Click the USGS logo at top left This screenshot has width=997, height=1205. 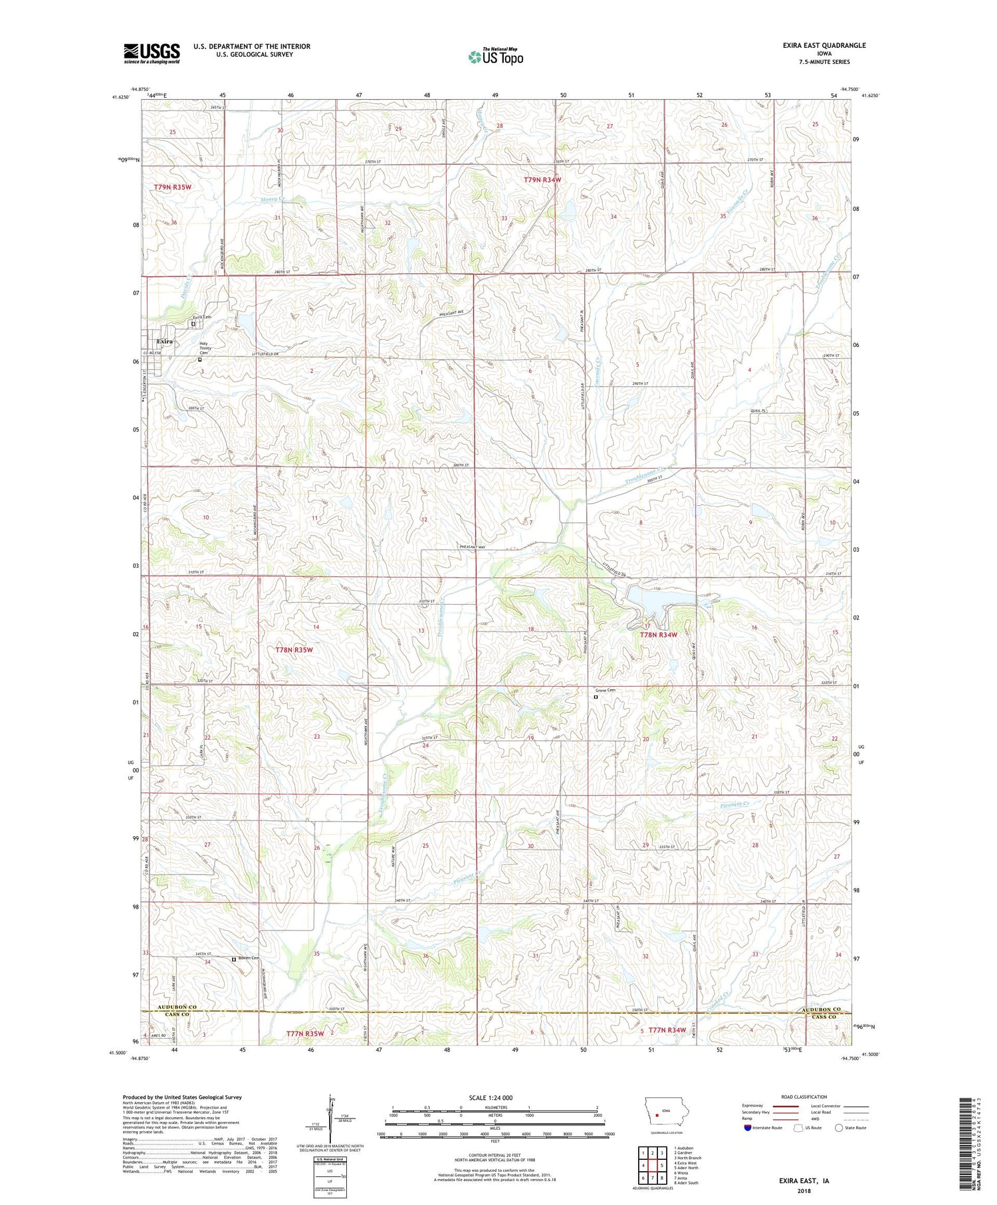coord(152,53)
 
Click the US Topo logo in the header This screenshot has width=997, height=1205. coord(495,56)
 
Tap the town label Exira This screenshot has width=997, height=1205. coord(164,341)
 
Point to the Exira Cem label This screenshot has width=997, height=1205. coord(201,317)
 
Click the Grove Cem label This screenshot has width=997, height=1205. coord(605,690)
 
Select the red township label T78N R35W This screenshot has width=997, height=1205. coord(293,649)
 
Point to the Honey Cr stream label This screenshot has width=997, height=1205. coord(272,199)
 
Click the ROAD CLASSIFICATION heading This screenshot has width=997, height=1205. coord(803,1097)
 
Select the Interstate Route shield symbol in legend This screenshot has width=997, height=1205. coord(747,1127)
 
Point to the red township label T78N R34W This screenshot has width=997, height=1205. coord(658,635)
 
